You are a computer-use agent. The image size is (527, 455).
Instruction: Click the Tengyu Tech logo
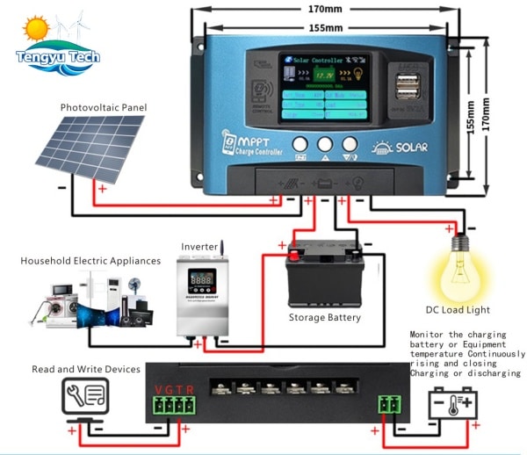point(58,44)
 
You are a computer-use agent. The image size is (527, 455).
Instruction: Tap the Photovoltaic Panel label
point(104,107)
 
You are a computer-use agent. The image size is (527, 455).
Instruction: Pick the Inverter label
point(199,247)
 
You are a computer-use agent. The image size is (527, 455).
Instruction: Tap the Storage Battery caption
point(325,317)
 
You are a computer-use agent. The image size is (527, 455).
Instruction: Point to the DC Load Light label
point(458,309)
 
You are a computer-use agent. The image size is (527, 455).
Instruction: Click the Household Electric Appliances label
point(91,261)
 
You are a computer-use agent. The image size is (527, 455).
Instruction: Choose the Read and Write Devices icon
point(85,398)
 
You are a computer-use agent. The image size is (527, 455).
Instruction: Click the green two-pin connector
point(388,405)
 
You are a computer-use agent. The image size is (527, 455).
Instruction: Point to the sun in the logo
point(36,29)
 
